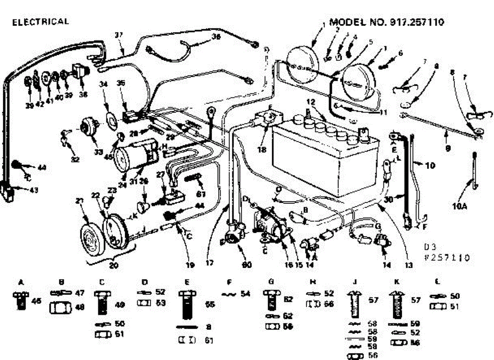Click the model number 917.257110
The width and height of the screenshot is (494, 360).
pyautogui.click(x=387, y=22)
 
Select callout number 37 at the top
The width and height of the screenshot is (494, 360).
pyautogui.click(x=119, y=36)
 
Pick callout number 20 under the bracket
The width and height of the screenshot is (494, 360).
pyautogui.click(x=114, y=266)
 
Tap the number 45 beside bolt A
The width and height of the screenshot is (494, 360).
pyautogui.click(x=37, y=302)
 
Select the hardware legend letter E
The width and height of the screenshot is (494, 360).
pyautogui.click(x=187, y=282)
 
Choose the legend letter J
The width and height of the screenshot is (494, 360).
pyautogui.click(x=354, y=282)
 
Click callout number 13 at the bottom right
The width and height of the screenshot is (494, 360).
pyautogui.click(x=409, y=266)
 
